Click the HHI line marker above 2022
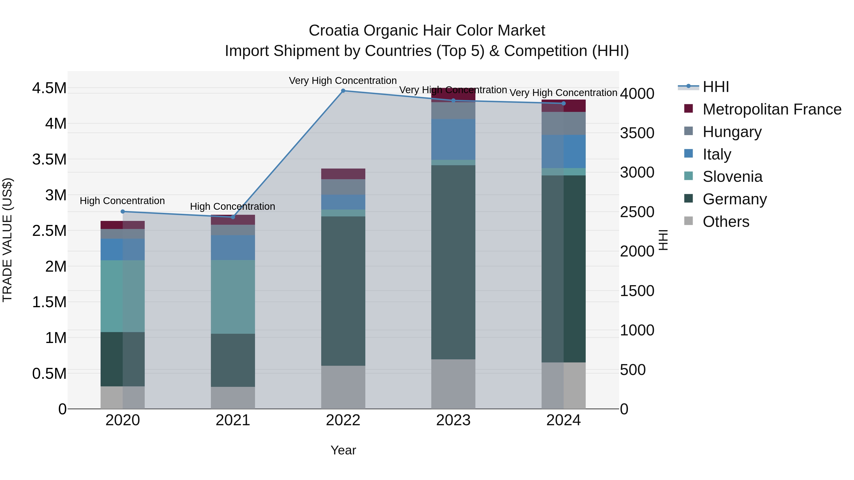tap(343, 91)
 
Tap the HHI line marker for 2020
tap(123, 212)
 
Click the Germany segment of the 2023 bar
tap(453, 262)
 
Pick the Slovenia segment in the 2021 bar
tap(233, 297)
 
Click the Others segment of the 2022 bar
tap(343, 387)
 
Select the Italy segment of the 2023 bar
tap(453, 139)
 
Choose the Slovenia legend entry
tap(732, 177)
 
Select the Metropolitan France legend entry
tap(771, 109)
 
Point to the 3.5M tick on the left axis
tap(49, 159)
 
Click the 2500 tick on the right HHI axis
tap(637, 212)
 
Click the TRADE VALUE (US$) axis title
tap(7, 240)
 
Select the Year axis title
tap(343, 450)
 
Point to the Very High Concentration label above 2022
tap(343, 81)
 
